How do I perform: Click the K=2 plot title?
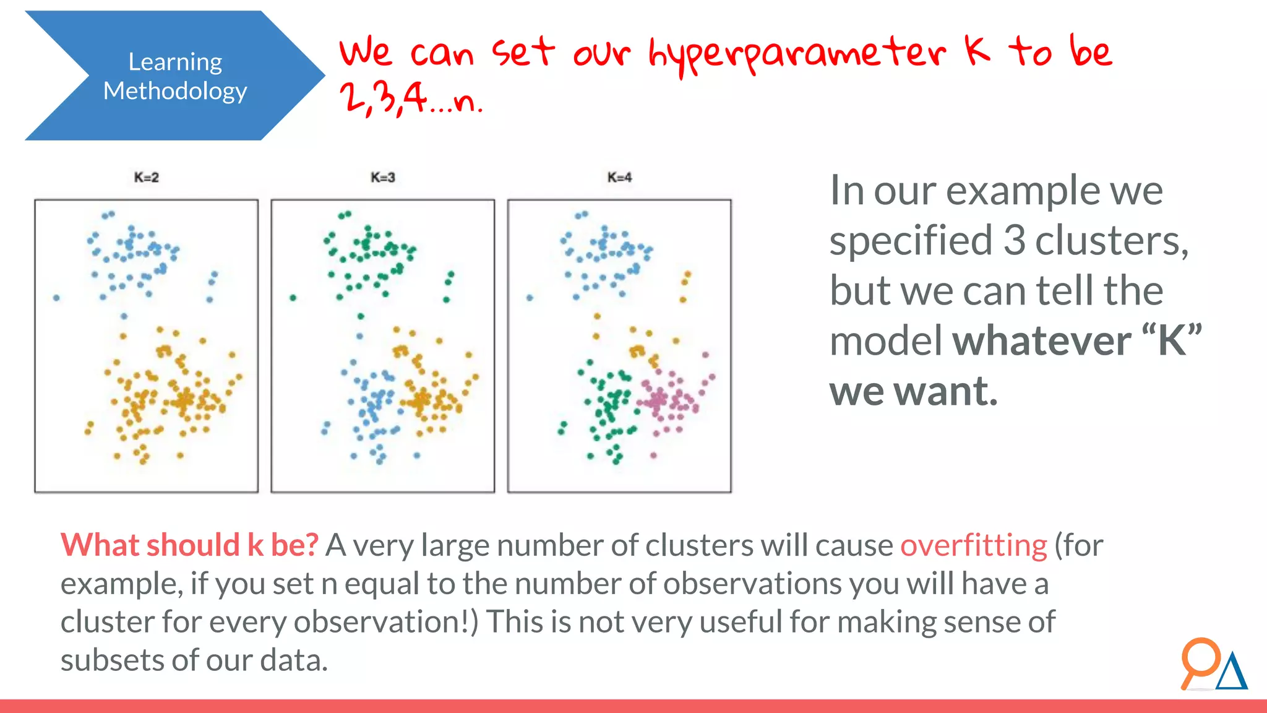click(147, 178)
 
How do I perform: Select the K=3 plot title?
click(382, 178)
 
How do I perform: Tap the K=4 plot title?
click(619, 178)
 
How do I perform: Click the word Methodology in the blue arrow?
click(175, 91)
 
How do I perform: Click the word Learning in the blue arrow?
click(175, 62)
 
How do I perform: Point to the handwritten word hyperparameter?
click(796, 54)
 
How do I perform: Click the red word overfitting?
click(973, 545)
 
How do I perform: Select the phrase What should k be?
click(189, 545)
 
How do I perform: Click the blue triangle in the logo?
click(1232, 673)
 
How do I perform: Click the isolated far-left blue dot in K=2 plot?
click(56, 298)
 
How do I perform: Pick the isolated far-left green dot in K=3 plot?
click(293, 298)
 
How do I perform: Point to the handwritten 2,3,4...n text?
click(411, 99)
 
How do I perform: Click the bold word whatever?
click(1042, 340)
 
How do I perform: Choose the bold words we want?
click(913, 391)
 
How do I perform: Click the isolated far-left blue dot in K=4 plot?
click(530, 298)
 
